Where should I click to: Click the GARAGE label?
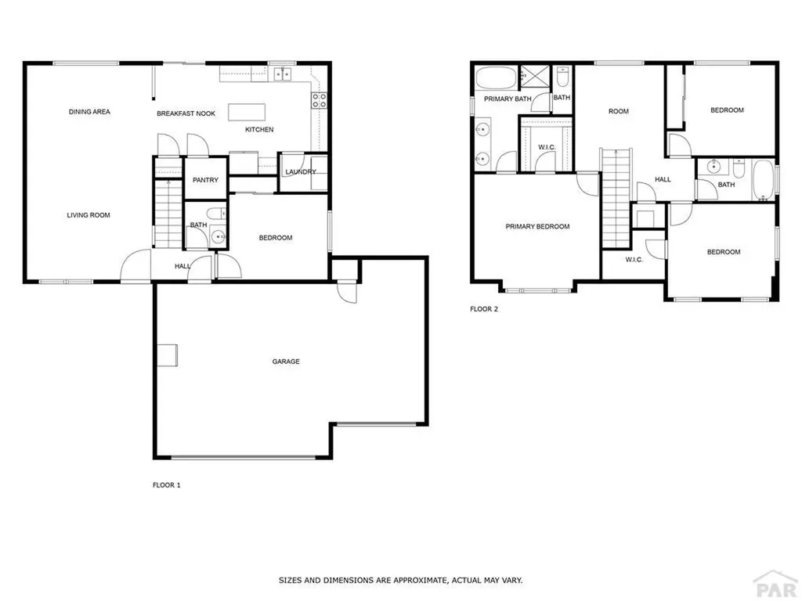point(286,362)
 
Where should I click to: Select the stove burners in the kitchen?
point(320,100)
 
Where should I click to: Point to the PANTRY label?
point(205,180)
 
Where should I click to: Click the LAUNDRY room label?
point(300,172)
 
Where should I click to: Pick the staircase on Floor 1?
point(166,212)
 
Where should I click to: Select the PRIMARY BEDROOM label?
point(537,227)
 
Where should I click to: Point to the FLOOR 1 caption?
point(166,485)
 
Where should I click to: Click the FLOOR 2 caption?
point(484,309)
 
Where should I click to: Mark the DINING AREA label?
point(89,112)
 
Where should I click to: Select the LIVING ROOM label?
point(88,215)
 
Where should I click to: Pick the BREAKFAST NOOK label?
point(186,114)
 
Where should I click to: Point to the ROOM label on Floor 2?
point(619,112)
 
